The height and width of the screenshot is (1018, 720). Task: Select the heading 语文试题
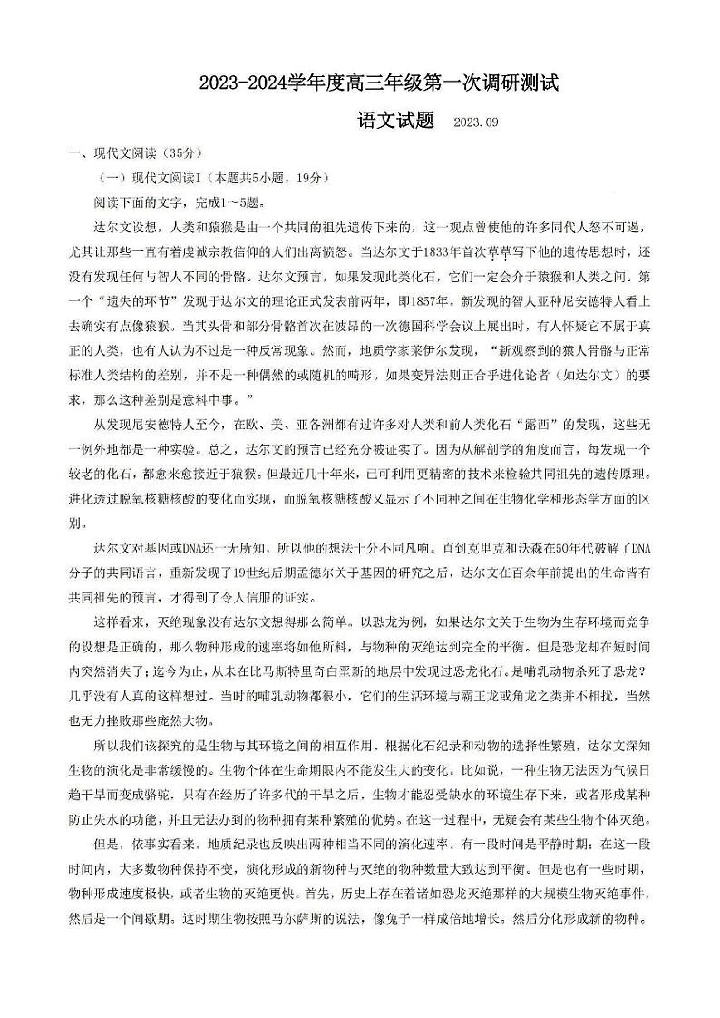(x=395, y=121)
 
